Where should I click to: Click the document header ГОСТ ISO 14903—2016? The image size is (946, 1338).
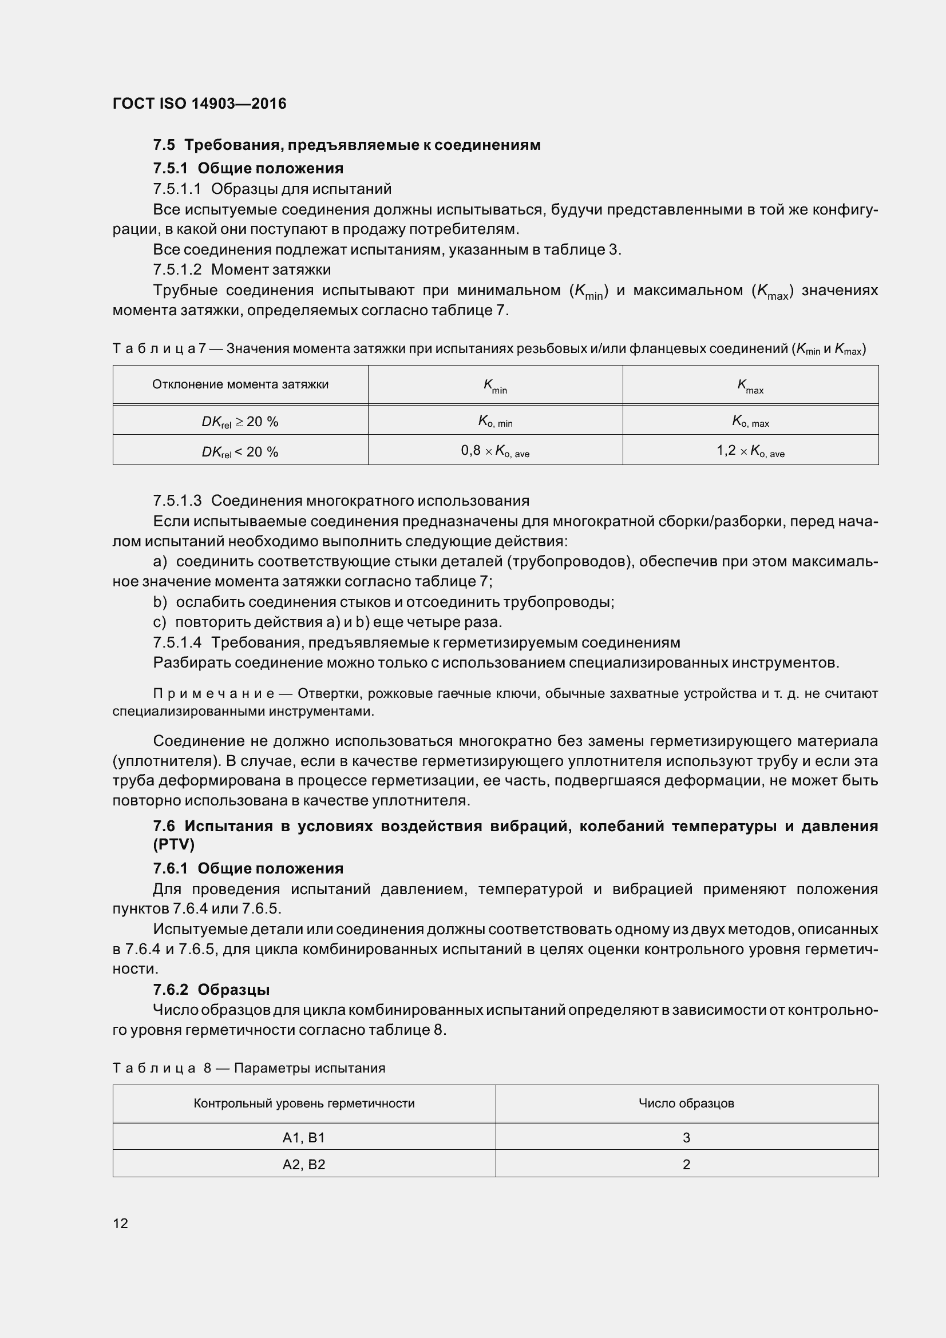pyautogui.click(x=199, y=104)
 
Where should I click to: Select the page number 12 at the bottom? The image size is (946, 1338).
pyautogui.click(x=121, y=1223)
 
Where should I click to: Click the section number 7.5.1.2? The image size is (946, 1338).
pyautogui.click(x=177, y=270)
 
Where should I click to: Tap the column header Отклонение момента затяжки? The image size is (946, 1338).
pyautogui.click(x=240, y=384)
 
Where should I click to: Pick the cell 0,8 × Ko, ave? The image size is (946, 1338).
pyautogui.click(x=495, y=450)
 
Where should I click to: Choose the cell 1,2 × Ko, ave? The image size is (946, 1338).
pyautogui.click(x=750, y=450)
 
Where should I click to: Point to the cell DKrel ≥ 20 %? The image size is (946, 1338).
pyautogui.click(x=240, y=422)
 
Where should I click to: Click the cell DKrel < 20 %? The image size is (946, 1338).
pyautogui.click(x=240, y=452)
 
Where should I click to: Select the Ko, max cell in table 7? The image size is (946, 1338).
pyautogui.click(x=750, y=422)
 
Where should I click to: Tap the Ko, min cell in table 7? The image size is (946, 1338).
pyautogui.click(x=495, y=422)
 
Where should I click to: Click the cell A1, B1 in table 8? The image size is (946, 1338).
pyautogui.click(x=304, y=1137)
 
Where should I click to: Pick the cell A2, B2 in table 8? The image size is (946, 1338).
pyautogui.click(x=304, y=1164)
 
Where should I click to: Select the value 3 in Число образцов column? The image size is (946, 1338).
pyautogui.click(x=686, y=1137)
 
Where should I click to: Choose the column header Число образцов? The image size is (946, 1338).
pyautogui.click(x=686, y=1103)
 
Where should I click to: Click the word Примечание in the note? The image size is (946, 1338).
pyautogui.click(x=213, y=694)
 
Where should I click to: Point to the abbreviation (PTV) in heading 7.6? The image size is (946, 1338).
pyautogui.click(x=174, y=844)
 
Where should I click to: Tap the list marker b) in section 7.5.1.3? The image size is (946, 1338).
pyautogui.click(x=160, y=602)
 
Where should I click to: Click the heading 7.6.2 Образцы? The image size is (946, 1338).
pyautogui.click(x=211, y=990)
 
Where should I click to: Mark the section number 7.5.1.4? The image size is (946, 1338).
pyautogui.click(x=177, y=643)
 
